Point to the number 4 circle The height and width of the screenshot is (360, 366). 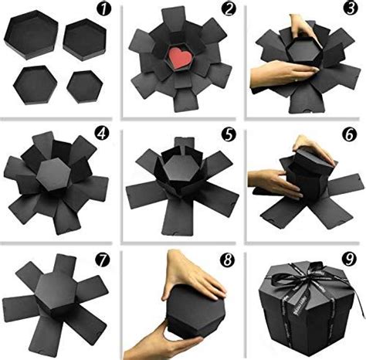click(103, 132)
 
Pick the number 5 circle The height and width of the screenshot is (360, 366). click(226, 132)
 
